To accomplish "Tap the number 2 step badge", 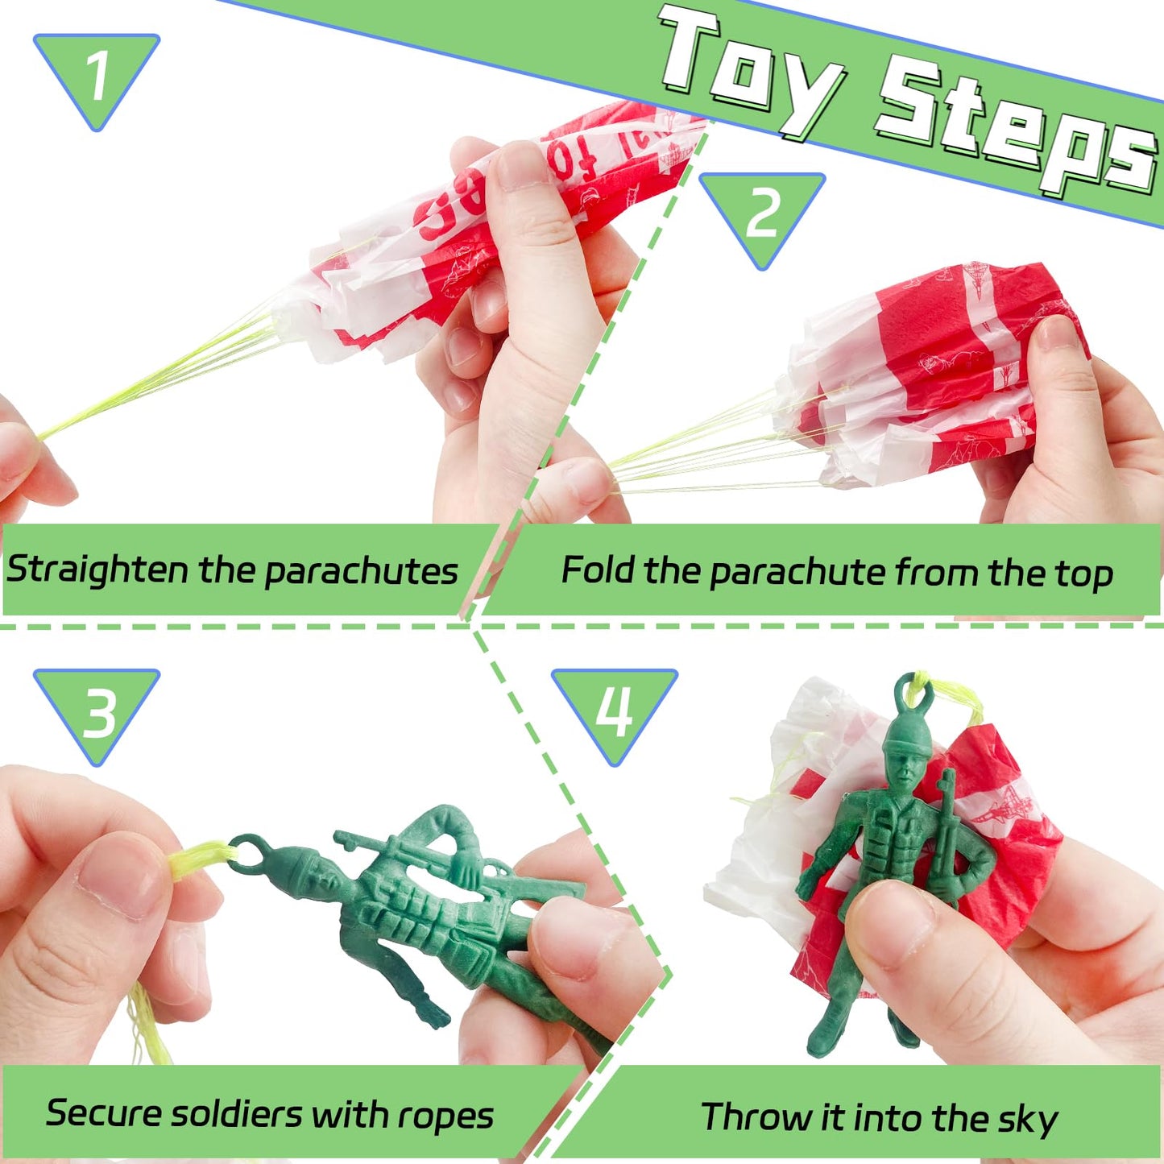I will click(x=762, y=214).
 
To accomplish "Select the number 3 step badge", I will click(x=97, y=712).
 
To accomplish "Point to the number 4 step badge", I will click(x=615, y=710).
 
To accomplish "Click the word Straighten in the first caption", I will click(x=97, y=570).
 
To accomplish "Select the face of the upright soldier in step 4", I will click(x=906, y=769).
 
